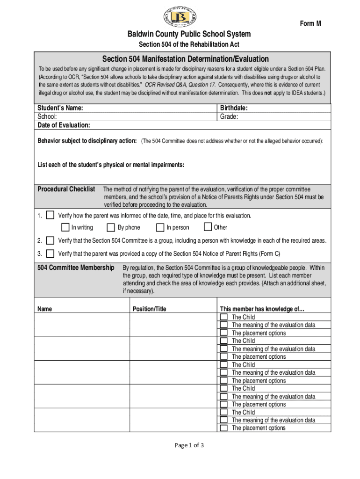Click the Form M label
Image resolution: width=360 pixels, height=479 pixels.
click(310, 24)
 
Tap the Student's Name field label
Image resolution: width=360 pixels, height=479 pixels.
click(60, 108)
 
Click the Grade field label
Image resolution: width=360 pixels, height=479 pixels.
click(229, 116)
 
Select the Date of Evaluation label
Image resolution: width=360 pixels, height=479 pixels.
click(64, 125)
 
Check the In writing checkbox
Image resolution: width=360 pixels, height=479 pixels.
click(65, 227)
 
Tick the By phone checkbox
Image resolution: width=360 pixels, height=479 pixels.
click(111, 227)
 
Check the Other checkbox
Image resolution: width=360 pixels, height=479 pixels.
click(208, 227)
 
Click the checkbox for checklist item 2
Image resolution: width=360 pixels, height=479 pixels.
click(50, 240)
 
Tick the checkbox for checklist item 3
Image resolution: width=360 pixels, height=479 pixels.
click(50, 254)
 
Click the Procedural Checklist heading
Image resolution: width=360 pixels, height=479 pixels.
click(66, 189)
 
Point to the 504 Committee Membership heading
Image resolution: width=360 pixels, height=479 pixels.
click(75, 268)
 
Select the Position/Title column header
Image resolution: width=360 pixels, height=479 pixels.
click(149, 309)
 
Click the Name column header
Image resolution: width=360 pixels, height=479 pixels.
click(44, 309)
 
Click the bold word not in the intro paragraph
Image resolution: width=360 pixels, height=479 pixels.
click(267, 93)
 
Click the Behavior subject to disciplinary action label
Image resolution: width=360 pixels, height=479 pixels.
click(87, 141)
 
